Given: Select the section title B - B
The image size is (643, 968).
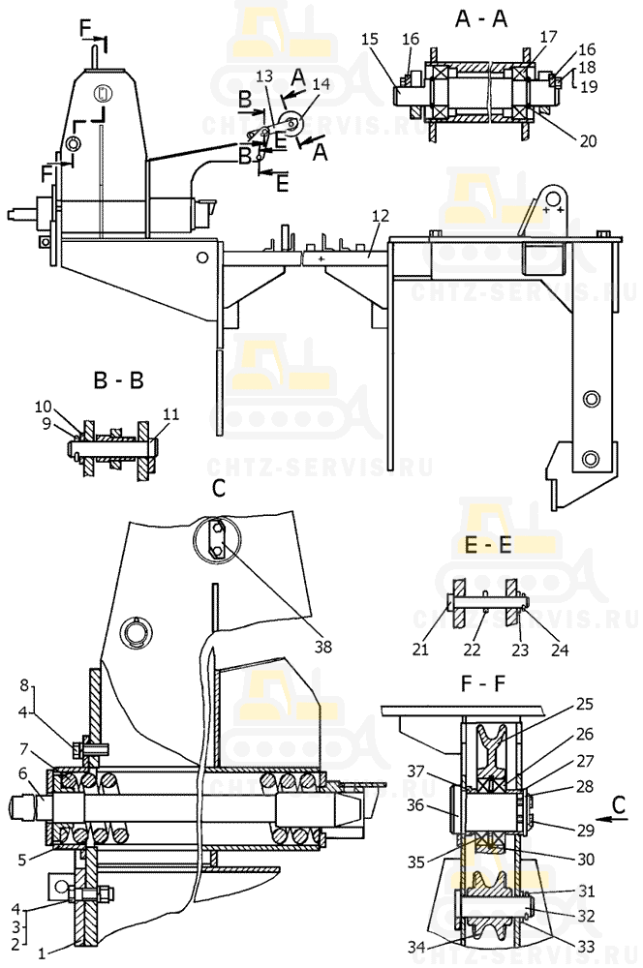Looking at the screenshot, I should point(118,380).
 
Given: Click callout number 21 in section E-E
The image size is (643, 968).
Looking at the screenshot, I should point(420,650).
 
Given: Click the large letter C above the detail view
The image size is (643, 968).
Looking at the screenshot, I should point(218,490).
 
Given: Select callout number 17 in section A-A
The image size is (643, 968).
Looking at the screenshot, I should point(547,37).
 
